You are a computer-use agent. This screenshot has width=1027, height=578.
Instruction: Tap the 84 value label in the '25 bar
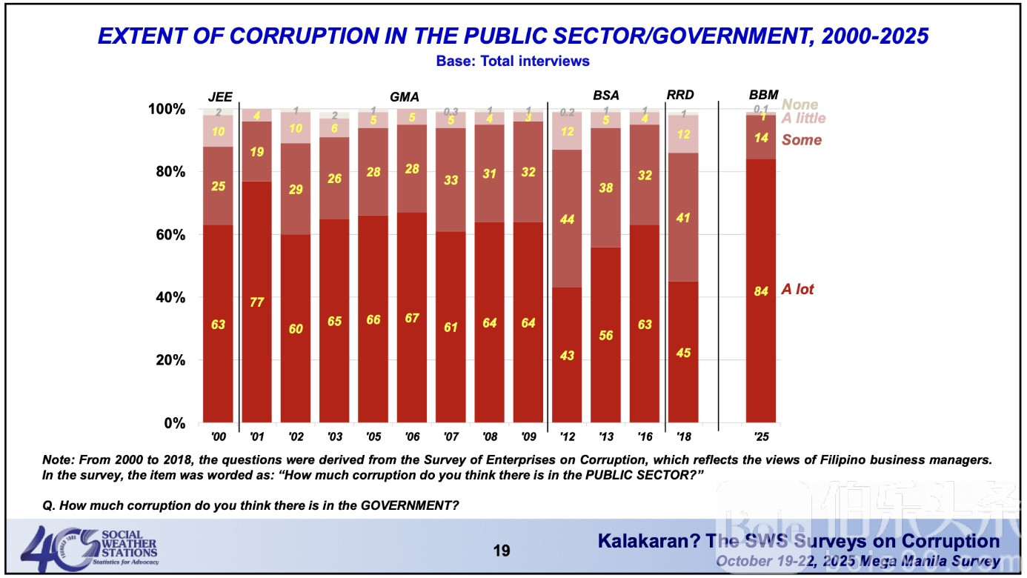[x=761, y=290]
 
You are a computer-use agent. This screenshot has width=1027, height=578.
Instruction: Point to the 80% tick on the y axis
[x=168, y=172]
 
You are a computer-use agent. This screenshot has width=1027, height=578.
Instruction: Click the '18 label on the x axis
[x=683, y=437]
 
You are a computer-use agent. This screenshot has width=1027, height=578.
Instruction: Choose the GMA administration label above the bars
[x=405, y=97]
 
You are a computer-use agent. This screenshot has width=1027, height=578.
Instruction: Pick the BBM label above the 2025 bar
[x=763, y=95]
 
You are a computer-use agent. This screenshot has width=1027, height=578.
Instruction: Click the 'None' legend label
[x=800, y=105]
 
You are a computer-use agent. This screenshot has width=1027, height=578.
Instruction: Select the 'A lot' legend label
[x=797, y=290]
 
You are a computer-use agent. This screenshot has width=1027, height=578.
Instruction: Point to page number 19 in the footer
[x=502, y=551]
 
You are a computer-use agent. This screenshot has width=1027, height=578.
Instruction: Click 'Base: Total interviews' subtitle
[x=513, y=62]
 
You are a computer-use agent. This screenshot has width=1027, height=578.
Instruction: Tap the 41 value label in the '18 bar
[x=683, y=219]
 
